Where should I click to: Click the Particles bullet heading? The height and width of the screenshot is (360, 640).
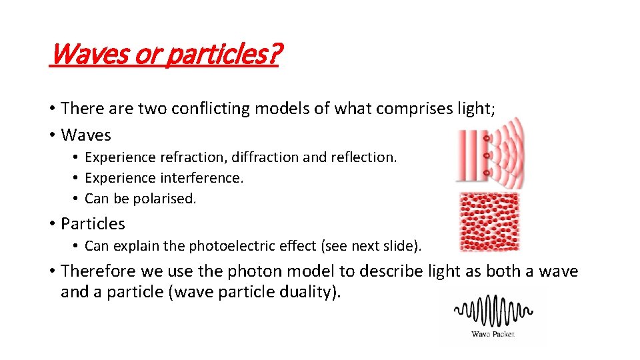pyautogui.click(x=93, y=223)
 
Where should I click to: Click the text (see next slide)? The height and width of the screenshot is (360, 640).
pyautogui.click(x=371, y=245)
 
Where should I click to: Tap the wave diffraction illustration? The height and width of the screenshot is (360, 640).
pyautogui.click(x=489, y=155)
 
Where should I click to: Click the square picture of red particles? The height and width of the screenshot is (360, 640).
pyautogui.click(x=489, y=221)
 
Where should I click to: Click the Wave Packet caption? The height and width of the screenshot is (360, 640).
pyautogui.click(x=493, y=334)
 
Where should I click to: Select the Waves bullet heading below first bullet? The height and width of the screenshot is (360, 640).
pyautogui.click(x=86, y=135)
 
